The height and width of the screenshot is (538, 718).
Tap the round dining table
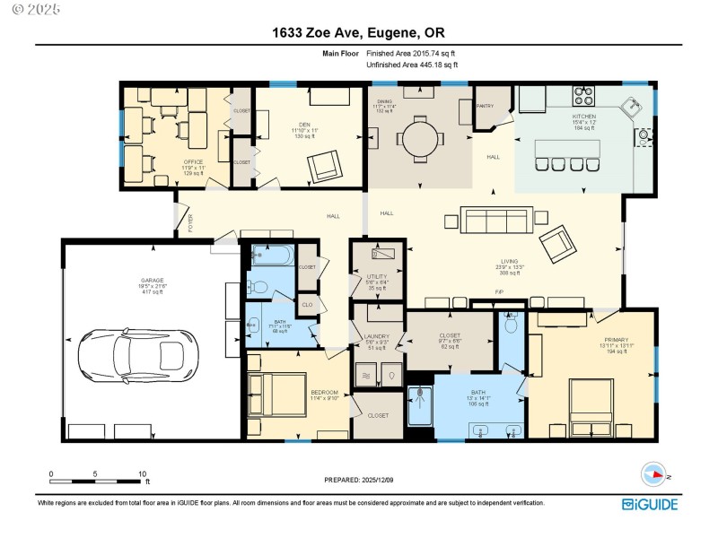[x=420, y=139]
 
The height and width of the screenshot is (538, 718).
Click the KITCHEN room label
[x=583, y=117]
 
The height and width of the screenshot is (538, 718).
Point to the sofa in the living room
[x=495, y=221]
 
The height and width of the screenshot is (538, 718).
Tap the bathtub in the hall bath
[x=272, y=256]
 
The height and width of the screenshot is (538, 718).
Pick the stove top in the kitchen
[x=584, y=95]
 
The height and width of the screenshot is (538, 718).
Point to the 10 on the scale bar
[x=142, y=473]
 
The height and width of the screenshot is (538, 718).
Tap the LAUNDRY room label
[x=376, y=336]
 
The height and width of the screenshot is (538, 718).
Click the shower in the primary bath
[x=424, y=405]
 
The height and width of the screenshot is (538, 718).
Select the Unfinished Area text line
[x=412, y=65]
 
